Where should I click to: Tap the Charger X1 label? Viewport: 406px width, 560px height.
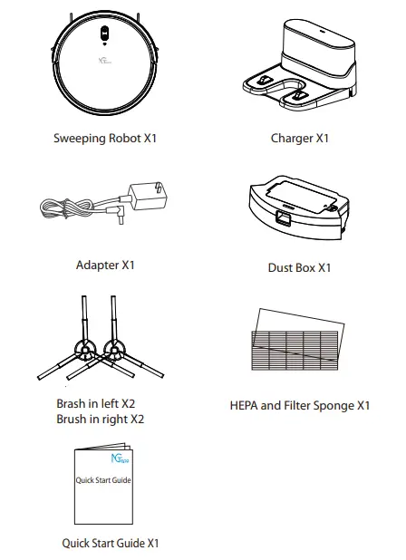[300, 139]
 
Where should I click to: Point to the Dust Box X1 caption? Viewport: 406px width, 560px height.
[300, 268]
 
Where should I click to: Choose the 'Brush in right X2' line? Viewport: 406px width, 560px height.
[100, 419]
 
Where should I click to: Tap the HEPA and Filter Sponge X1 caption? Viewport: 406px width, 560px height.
[300, 405]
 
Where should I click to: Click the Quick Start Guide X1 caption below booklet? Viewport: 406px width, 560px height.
[111, 543]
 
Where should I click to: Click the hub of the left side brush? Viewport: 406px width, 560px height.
[87, 352]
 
